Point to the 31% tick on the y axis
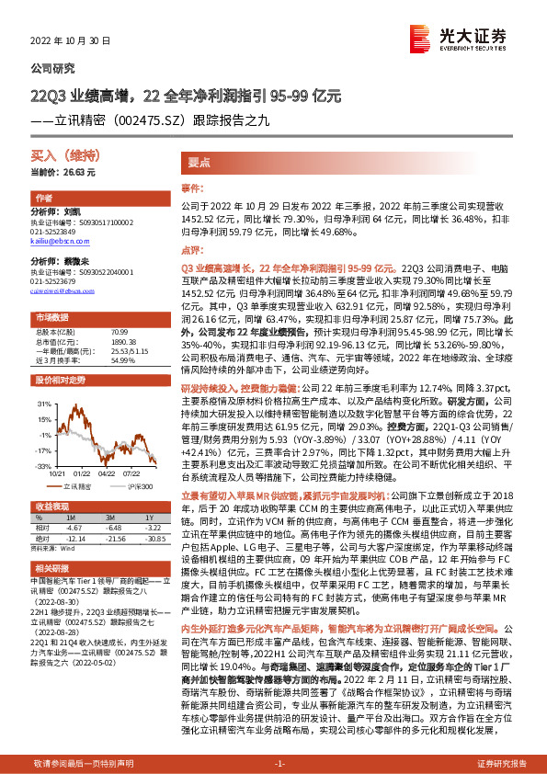(42, 404)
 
